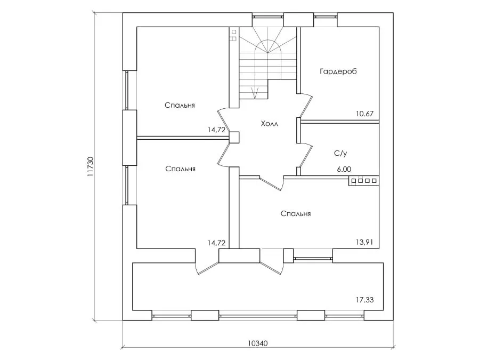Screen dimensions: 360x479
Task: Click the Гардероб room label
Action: [338, 71]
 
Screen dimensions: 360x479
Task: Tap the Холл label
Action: [270, 124]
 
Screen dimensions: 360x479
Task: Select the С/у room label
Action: [340, 153]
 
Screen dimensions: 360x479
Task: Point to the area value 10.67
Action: [364, 113]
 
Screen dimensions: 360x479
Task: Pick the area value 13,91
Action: [364, 242]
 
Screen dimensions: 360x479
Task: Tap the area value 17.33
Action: [364, 300]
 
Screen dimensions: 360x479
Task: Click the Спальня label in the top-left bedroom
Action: [180, 105]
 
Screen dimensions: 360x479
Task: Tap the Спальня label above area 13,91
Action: [296, 214]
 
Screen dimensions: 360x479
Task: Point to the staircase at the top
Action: [266, 61]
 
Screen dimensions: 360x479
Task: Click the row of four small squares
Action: [363, 181]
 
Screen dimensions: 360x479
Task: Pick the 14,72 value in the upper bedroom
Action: [216, 129]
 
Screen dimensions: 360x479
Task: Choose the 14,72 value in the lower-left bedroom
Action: [216, 243]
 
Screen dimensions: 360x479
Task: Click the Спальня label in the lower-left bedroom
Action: [180, 169]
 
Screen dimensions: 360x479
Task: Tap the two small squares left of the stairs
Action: [233, 35]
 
